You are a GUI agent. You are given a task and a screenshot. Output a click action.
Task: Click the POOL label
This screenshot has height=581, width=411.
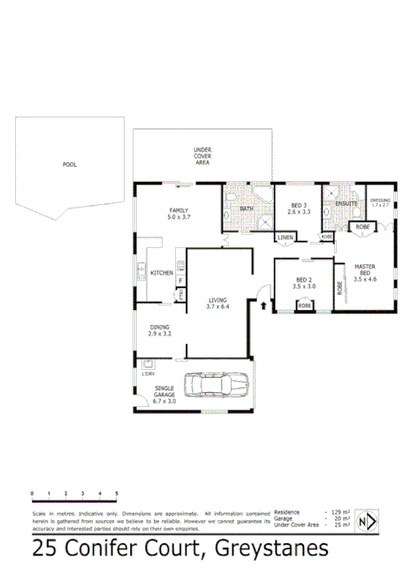tap(69, 164)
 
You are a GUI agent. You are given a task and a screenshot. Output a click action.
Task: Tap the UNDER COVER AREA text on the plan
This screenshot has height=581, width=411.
tap(202, 156)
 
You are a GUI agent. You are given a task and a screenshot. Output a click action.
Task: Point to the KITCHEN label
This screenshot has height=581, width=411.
tap(161, 273)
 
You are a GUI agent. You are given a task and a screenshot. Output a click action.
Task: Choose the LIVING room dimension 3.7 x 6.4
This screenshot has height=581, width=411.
tap(217, 306)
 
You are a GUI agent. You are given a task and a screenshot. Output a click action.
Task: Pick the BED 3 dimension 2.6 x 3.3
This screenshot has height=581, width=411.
tap(299, 212)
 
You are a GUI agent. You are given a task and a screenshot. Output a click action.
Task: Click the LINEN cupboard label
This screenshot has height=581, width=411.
tap(285, 238)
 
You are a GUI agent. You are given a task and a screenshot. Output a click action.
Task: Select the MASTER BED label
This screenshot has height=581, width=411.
tap(365, 268)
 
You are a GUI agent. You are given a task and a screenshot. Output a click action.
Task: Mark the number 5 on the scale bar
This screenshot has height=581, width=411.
tap(117, 493)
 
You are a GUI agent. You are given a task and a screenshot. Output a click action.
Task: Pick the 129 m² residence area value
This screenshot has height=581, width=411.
tap(339, 512)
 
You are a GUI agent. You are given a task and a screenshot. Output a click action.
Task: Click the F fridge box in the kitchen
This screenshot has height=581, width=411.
tap(180, 281)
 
